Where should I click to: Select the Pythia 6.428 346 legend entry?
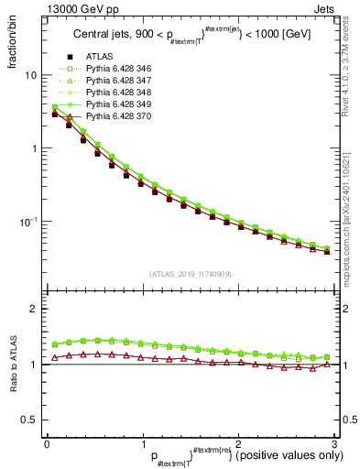click(x=117, y=94)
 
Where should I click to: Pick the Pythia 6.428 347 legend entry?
click(x=117, y=106)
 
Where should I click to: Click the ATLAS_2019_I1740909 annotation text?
click(x=191, y=274)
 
